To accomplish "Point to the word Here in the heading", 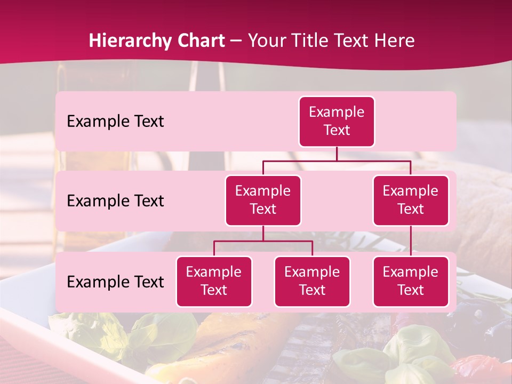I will click(x=394, y=41).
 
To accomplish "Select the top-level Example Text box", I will click(x=337, y=121).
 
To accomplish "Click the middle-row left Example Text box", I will click(x=263, y=200).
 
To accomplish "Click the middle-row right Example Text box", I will click(x=411, y=200).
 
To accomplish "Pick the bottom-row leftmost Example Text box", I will click(x=214, y=281).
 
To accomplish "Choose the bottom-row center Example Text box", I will click(x=312, y=281).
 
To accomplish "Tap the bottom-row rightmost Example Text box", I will click(x=411, y=281).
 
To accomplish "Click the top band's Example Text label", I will click(x=115, y=122).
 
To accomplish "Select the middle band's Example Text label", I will click(x=115, y=201).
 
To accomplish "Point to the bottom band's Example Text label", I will click(x=115, y=282).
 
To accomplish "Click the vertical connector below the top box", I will click(x=337, y=154).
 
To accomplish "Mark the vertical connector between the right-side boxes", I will click(x=411, y=241).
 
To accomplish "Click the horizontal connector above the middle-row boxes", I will click(x=337, y=161).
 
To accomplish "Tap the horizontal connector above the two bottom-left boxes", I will click(x=263, y=241).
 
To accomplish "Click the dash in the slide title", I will click(x=236, y=41).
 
